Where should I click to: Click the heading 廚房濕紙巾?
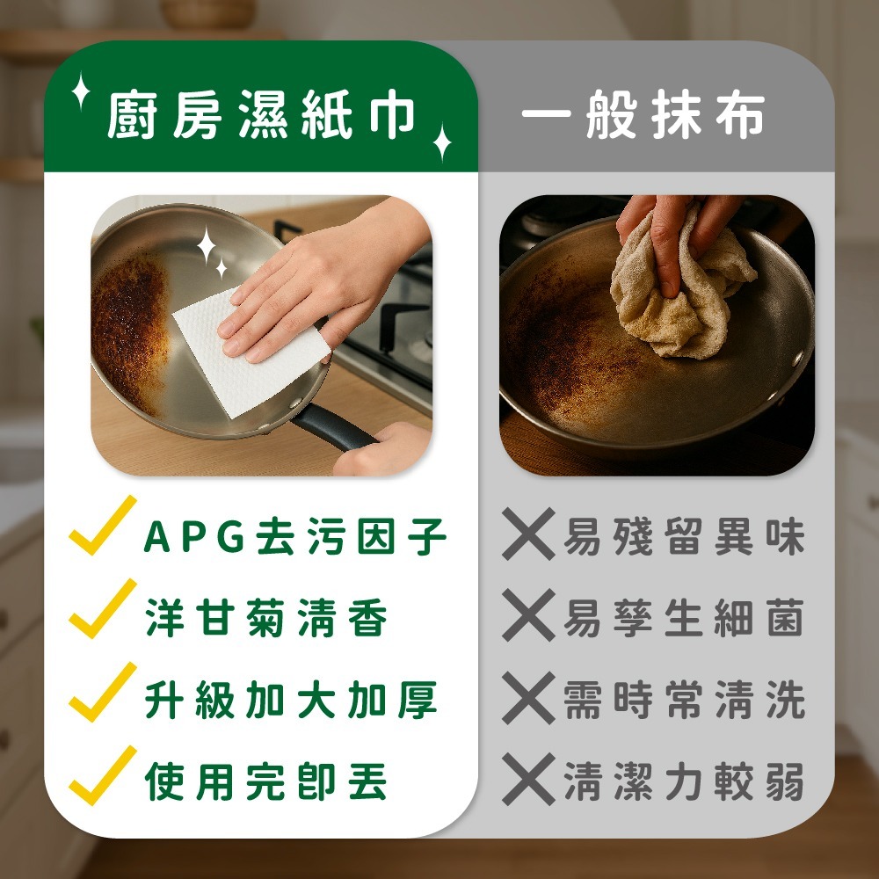[x=261, y=114]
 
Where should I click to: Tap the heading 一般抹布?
[x=643, y=114]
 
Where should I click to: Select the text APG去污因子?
[x=295, y=536]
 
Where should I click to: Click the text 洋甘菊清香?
[x=266, y=618]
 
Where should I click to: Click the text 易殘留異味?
[x=685, y=536]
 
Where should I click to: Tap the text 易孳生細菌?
[x=685, y=618]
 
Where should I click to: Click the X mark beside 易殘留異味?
[x=528, y=534]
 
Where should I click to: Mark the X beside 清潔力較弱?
[x=528, y=779]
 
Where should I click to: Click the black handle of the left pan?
[x=332, y=427]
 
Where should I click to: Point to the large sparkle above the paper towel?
[x=207, y=245]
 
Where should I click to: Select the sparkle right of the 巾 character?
[x=442, y=142]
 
